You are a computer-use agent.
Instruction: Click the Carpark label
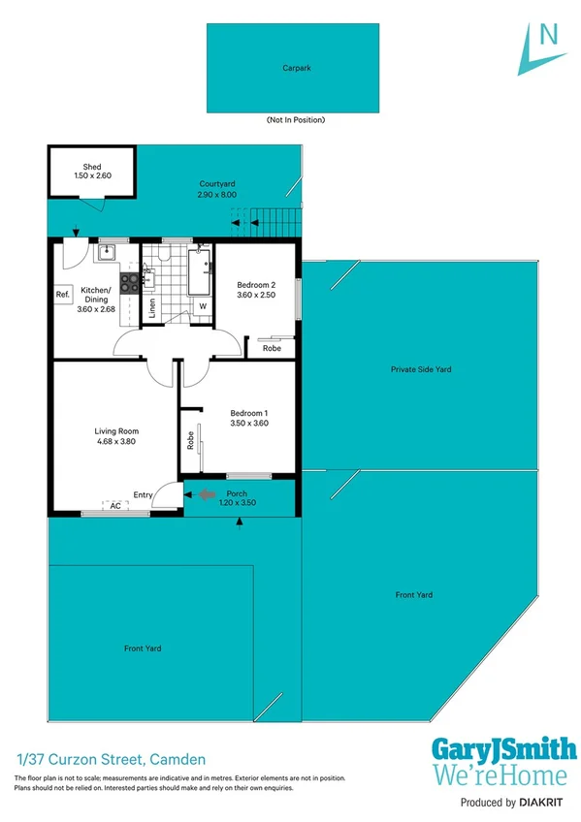click(x=296, y=69)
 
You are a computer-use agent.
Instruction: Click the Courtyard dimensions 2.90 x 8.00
click(x=216, y=195)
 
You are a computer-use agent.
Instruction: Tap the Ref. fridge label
click(x=62, y=295)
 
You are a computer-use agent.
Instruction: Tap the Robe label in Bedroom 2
click(x=272, y=348)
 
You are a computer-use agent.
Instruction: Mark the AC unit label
click(x=114, y=506)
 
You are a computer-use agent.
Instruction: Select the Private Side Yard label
click(x=420, y=369)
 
